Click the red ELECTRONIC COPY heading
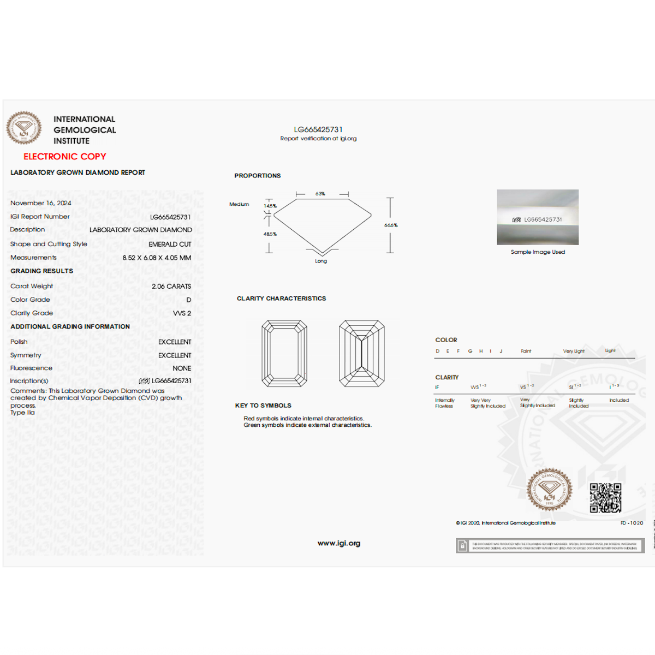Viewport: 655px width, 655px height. point(64,157)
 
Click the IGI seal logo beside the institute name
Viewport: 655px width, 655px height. point(23,128)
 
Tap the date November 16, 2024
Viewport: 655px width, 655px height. point(41,203)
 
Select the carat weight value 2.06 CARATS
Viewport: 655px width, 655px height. point(171,286)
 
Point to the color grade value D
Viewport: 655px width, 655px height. point(188,300)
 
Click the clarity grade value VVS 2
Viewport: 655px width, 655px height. point(182,313)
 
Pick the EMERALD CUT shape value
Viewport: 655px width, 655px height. point(170,244)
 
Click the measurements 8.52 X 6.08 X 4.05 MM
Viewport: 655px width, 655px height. point(157,258)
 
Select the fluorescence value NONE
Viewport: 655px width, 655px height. point(182,368)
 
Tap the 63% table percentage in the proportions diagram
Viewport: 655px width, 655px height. point(320,194)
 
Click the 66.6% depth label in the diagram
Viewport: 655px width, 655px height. point(391,225)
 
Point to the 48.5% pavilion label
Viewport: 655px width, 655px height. point(270,234)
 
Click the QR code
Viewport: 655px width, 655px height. point(605,498)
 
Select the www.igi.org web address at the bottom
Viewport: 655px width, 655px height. point(339,543)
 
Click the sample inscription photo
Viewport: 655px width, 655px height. point(538,217)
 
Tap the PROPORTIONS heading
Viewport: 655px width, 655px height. point(258,176)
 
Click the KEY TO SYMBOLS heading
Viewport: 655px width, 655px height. point(263,406)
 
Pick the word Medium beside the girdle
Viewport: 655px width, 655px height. point(239,204)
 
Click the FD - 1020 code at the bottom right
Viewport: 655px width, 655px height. point(632,523)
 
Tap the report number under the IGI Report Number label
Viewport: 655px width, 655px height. point(170,217)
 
